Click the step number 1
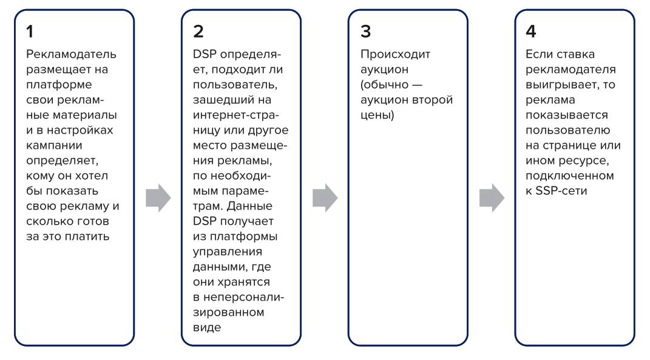pyautogui.click(x=30, y=32)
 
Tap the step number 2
pyautogui.click(x=198, y=32)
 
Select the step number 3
pyautogui.click(x=365, y=32)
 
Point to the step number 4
pyautogui.click(x=531, y=32)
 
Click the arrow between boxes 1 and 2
pyautogui.click(x=158, y=198)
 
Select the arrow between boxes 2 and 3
pyautogui.click(x=325, y=198)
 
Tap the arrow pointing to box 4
pyautogui.click(x=492, y=198)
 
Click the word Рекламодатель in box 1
pyautogui.click(x=71, y=54)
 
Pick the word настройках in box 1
pyautogui.click(x=80, y=131)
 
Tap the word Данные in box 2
pyautogui.click(x=249, y=206)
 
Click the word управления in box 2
pyautogui.click(x=228, y=252)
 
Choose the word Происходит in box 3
pyautogui.click(x=396, y=54)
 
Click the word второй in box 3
pyautogui.click(x=433, y=100)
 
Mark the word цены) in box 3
pyautogui.click(x=377, y=115)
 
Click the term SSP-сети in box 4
pyautogui.click(x=561, y=191)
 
